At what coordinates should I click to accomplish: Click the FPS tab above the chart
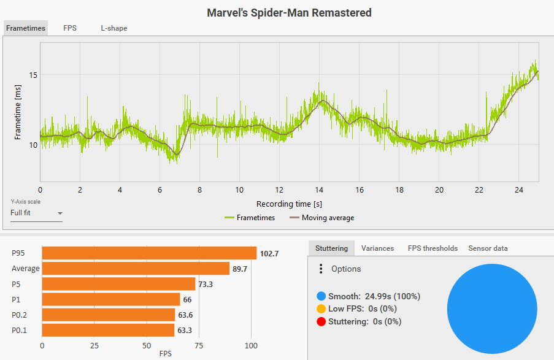70,28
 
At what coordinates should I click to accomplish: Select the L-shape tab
114,28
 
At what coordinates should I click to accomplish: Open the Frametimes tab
26,28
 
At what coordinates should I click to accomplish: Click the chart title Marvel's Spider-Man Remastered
289,12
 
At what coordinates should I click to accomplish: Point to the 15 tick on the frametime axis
34,75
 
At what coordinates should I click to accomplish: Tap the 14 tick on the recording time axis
319,190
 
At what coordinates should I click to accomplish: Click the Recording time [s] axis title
289,204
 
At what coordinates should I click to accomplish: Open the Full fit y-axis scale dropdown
37,213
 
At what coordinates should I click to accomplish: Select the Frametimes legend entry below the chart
250,218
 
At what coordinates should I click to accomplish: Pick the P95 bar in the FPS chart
149,253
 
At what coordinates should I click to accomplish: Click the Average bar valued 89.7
136,269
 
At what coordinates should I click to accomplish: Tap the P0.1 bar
108,331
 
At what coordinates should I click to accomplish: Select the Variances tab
377,248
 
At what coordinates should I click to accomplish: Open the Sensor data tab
488,248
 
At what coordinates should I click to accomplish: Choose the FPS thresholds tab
433,248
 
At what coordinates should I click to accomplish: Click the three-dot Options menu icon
320,269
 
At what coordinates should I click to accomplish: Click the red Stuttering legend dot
321,321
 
